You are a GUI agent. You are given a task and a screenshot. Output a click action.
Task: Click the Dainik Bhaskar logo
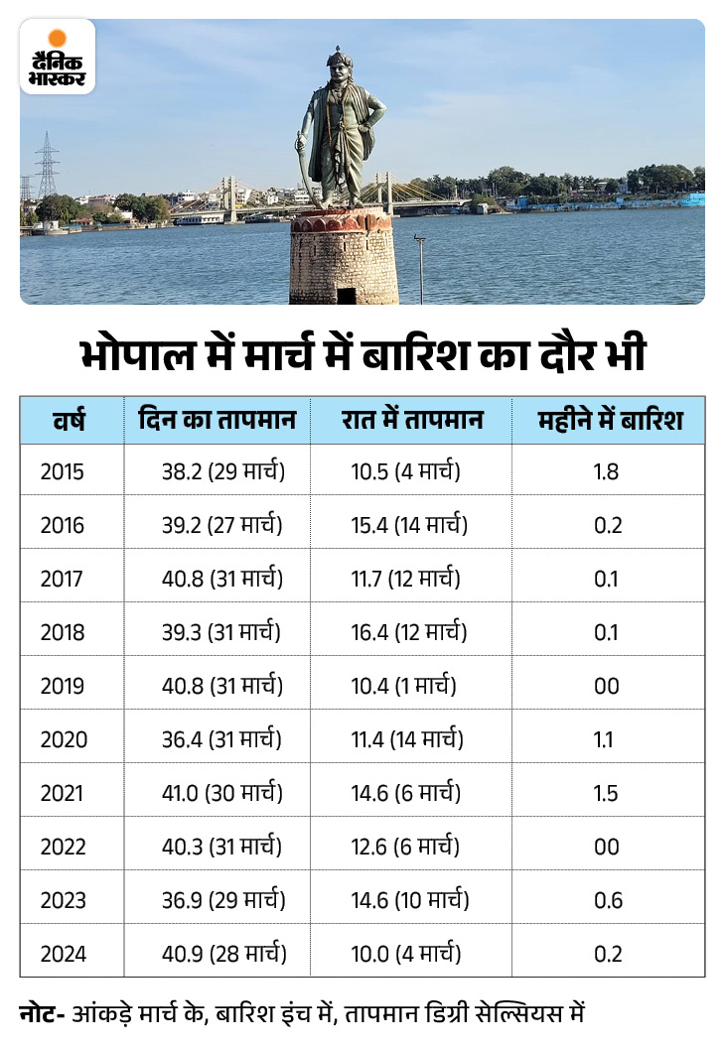pyautogui.click(x=58, y=57)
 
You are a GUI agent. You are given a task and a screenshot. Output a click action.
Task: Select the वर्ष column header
pyautogui.click(x=70, y=420)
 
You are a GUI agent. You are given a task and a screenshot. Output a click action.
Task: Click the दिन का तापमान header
pyautogui.click(x=217, y=420)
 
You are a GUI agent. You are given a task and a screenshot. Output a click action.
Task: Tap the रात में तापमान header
pyautogui.click(x=411, y=420)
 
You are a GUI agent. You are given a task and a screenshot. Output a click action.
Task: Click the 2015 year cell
pyautogui.click(x=63, y=472)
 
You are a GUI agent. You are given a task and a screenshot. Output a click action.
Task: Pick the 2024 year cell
pyautogui.click(x=63, y=955)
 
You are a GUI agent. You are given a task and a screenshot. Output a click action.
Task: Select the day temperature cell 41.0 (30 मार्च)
pyautogui.click(x=223, y=794)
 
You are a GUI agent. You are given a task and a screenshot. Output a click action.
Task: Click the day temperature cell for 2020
pyautogui.click(x=221, y=740)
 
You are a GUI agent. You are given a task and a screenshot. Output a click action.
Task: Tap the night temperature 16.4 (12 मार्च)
pyautogui.click(x=409, y=633)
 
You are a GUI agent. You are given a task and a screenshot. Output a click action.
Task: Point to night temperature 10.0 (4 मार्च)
pyautogui.click(x=406, y=955)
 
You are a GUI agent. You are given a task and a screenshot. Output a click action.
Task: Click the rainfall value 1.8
pyautogui.click(x=606, y=472)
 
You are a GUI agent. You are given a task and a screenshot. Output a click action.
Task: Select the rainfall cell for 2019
pyautogui.click(x=606, y=687)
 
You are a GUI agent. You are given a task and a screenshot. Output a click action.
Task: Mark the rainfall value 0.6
pyautogui.click(x=606, y=901)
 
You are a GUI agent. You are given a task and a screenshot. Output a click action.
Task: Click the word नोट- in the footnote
pyautogui.click(x=43, y=1014)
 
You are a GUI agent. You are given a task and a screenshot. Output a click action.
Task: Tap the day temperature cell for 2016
pyautogui.click(x=222, y=526)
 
